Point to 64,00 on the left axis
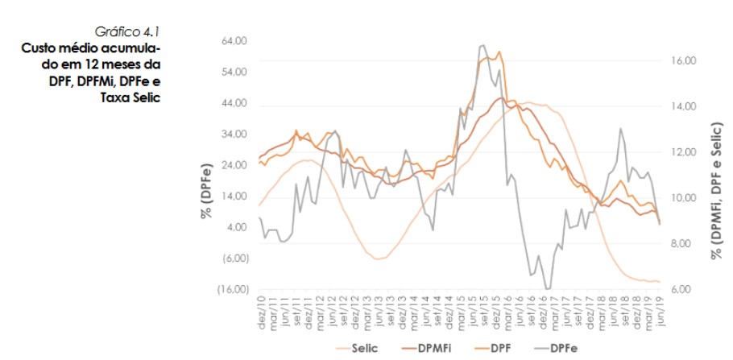234,40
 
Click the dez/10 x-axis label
260,311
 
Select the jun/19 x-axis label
661,311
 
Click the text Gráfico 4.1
127,32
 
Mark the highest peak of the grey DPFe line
481,45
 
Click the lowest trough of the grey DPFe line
548,288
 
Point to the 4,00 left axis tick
238,227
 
